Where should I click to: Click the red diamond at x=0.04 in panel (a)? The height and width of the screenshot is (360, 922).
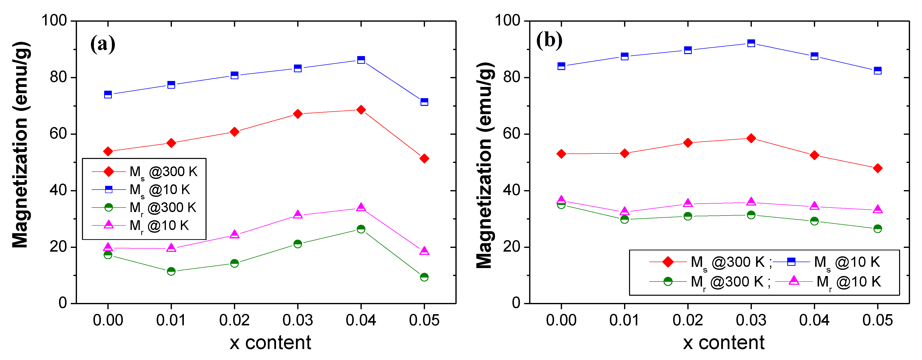[x=361, y=110]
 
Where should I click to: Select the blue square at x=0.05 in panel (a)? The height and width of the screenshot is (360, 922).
[x=424, y=102]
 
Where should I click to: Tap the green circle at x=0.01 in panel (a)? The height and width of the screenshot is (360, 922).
[x=171, y=271]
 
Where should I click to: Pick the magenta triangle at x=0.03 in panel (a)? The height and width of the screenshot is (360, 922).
[x=297, y=215]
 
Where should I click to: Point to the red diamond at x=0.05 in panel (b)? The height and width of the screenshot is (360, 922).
[x=877, y=168]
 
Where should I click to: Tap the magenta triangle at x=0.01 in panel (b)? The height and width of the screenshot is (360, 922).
[x=625, y=211]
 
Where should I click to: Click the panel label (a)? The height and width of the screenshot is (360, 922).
[x=103, y=44]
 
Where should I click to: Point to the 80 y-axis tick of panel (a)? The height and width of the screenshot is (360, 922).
[x=58, y=77]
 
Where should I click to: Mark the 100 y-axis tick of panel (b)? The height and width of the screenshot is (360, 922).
[x=507, y=21]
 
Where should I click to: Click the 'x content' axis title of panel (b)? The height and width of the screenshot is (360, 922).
[x=723, y=343]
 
